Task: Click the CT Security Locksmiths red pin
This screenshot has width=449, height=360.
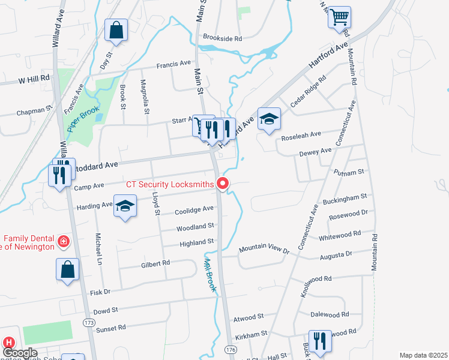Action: [223, 184]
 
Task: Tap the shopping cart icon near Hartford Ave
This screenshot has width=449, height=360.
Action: [339, 17]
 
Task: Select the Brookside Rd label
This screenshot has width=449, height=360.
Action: [222, 37]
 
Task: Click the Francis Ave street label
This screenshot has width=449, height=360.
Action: [173, 63]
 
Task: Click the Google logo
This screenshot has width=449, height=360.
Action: [19, 353]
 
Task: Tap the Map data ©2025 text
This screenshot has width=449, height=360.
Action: [423, 355]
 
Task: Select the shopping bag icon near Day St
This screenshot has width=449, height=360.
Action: [116, 30]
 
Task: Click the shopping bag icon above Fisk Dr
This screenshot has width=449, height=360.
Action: [68, 269]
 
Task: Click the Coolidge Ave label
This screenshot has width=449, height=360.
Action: [194, 209]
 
